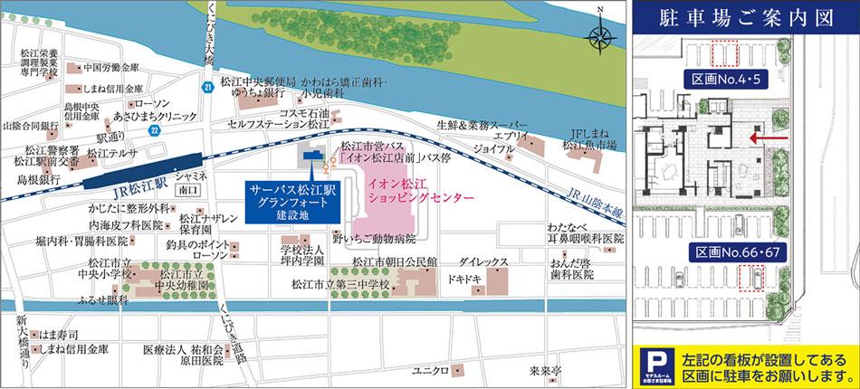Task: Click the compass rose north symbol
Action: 599,36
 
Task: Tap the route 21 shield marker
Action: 208,87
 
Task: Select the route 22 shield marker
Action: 155,129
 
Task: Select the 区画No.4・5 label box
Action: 723,81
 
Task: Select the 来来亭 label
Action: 546,371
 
